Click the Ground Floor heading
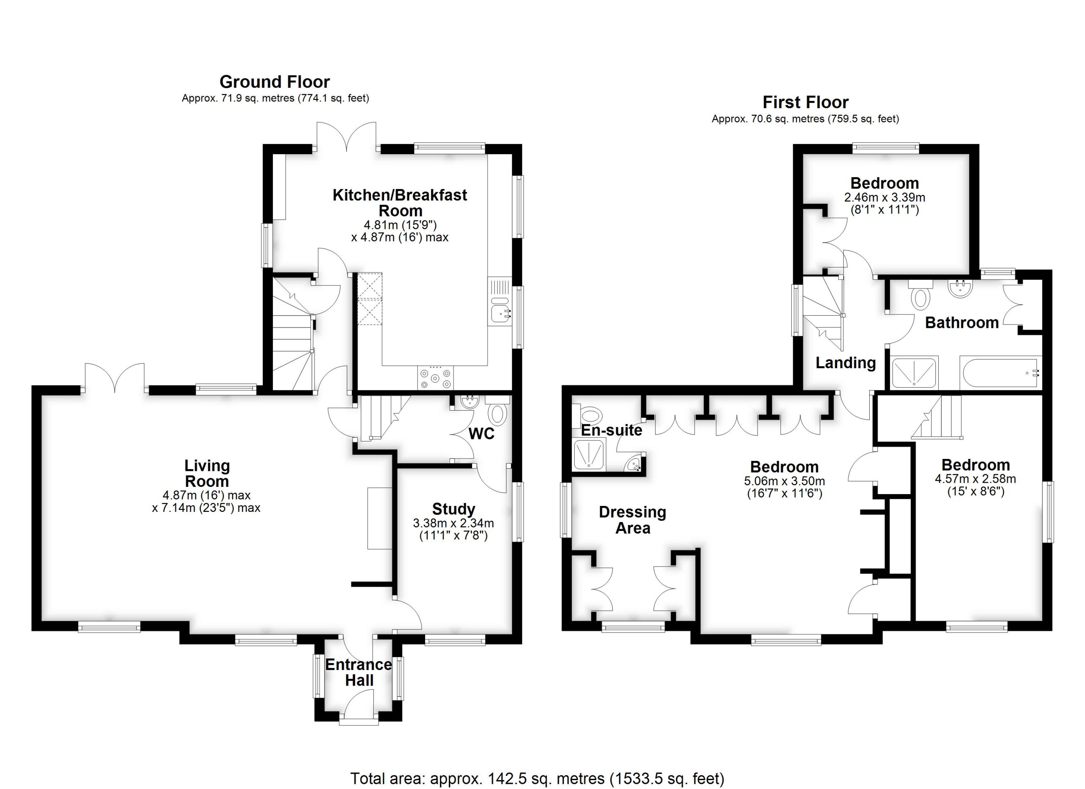(275, 82)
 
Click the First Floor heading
(805, 102)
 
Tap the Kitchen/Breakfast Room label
(400, 203)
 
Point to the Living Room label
(207, 473)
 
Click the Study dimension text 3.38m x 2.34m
(453, 523)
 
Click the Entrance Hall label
(359, 672)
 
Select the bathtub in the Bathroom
(1000, 373)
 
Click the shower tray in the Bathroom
(914, 372)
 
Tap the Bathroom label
(962, 323)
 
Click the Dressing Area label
(632, 520)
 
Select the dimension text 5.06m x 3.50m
(785, 481)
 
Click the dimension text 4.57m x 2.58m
(976, 479)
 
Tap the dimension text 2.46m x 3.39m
(885, 197)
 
